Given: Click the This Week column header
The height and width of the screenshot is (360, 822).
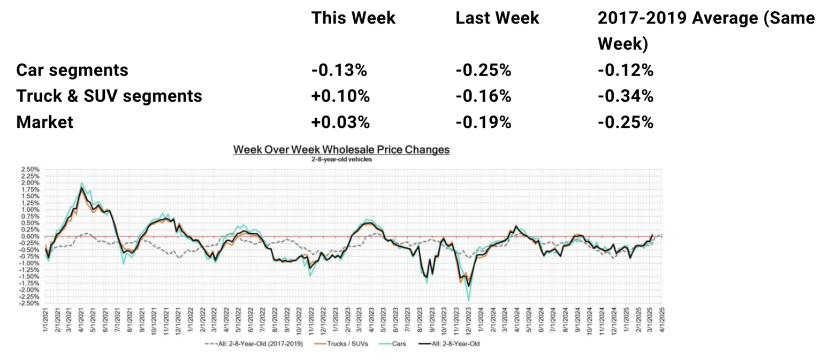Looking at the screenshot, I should (353, 18).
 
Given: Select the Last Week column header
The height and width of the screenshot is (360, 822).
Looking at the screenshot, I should (497, 18).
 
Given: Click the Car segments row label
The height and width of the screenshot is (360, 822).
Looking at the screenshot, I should (72, 70).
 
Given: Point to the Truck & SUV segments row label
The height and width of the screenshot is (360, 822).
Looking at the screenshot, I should (109, 96).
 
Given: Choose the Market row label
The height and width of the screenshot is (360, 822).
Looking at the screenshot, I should (44, 122).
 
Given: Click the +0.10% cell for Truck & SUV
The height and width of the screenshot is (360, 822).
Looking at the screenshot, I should (341, 96).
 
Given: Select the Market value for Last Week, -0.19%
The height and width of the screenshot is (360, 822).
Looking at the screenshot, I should (484, 122).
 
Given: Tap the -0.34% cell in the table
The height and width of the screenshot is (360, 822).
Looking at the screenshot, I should (626, 96).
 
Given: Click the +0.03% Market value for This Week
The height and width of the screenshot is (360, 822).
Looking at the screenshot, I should (341, 122).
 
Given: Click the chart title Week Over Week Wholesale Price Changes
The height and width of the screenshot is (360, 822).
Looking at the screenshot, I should (341, 150).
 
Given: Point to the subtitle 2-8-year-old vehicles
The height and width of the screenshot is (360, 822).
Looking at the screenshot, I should (341, 159).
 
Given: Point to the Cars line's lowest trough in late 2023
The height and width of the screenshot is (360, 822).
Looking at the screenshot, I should (469, 301).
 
